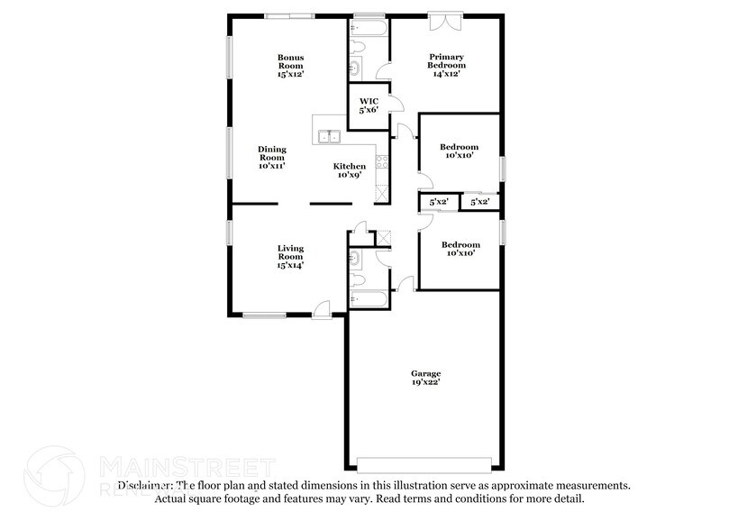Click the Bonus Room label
tap(290, 66)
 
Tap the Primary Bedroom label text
tap(446, 66)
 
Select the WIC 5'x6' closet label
tap(368, 105)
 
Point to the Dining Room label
tap(271, 158)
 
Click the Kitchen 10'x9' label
tap(350, 170)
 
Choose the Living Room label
tap(290, 256)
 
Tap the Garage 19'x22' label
tap(427, 378)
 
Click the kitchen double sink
tap(327, 137)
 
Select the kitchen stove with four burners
tap(381, 163)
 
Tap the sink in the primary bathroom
tap(354, 69)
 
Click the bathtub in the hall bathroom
tap(369, 300)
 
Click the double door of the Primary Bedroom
tap(445, 23)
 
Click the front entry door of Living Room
tap(321, 309)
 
